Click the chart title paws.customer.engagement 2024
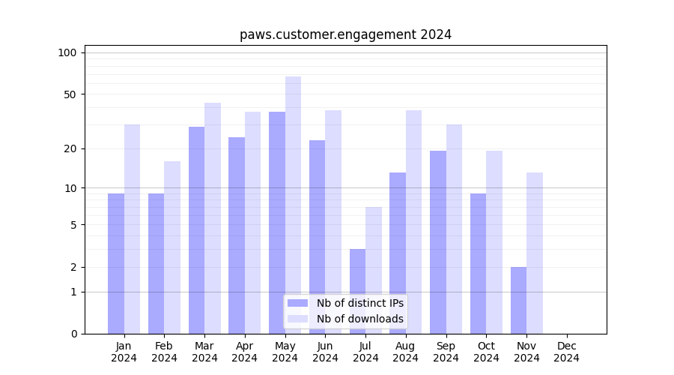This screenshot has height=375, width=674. click(x=345, y=34)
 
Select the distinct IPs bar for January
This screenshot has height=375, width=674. click(x=116, y=262)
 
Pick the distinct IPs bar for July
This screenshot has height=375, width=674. click(x=357, y=291)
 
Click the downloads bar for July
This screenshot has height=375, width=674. click(x=374, y=270)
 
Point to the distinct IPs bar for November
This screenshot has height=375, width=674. click(x=518, y=300)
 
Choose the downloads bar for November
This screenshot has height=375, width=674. click(x=535, y=253)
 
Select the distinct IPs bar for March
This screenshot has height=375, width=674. click(x=196, y=229)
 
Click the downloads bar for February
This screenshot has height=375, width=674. click(x=172, y=247)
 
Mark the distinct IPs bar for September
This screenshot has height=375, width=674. click(x=438, y=241)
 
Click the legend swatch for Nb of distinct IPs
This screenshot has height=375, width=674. click(x=297, y=303)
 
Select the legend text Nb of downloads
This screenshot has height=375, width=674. click(x=359, y=319)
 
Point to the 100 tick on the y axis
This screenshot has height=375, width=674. click(x=67, y=52)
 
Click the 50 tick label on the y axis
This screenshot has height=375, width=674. click(x=70, y=94)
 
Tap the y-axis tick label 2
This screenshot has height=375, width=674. click(x=73, y=267)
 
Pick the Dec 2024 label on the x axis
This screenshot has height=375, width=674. click(x=567, y=352)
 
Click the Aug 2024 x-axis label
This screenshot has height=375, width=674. click(x=406, y=352)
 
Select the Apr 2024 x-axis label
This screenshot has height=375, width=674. click(x=245, y=352)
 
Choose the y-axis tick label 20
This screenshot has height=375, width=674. click(x=70, y=148)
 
